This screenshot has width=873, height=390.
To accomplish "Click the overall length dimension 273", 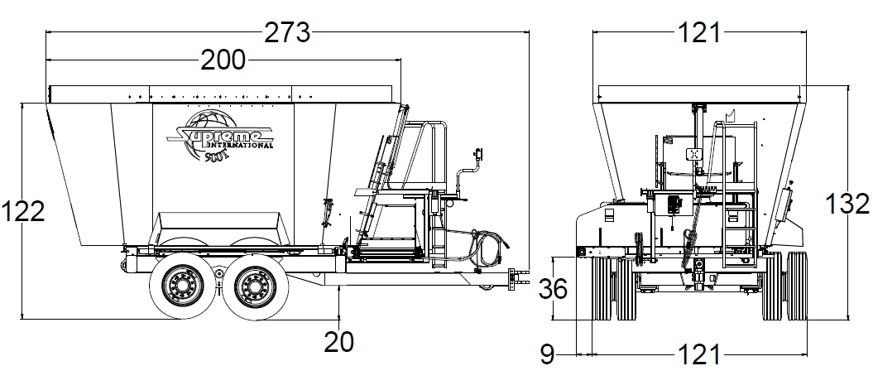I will point(287,33).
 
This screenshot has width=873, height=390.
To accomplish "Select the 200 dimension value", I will point(223,60).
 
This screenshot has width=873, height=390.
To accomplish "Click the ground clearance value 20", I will point(339,340).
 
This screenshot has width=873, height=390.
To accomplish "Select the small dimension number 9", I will point(546,354).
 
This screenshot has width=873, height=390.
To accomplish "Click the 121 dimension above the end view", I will point(699,33).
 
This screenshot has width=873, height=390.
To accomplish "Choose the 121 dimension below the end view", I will point(699,354).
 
